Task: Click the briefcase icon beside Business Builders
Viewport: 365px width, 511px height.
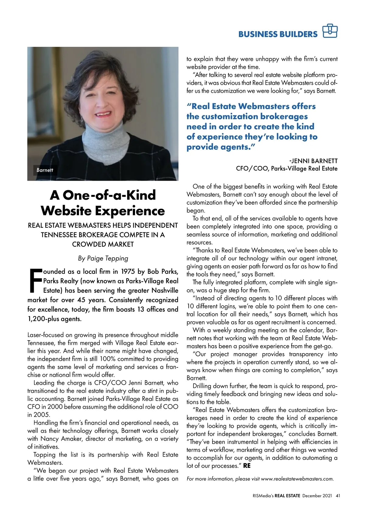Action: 330,31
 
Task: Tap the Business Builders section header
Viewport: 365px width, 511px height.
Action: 278,34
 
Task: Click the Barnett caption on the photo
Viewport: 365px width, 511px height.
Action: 45,170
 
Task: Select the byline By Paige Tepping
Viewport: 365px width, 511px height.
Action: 103,258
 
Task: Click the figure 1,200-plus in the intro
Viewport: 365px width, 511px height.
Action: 41,319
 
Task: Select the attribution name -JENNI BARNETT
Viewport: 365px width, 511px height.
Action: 313,161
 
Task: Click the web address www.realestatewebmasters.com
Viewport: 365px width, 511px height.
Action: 297,479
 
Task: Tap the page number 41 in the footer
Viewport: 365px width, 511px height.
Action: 338,495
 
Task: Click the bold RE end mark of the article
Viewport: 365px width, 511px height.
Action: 247,466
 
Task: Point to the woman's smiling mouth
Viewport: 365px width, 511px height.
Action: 103,115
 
